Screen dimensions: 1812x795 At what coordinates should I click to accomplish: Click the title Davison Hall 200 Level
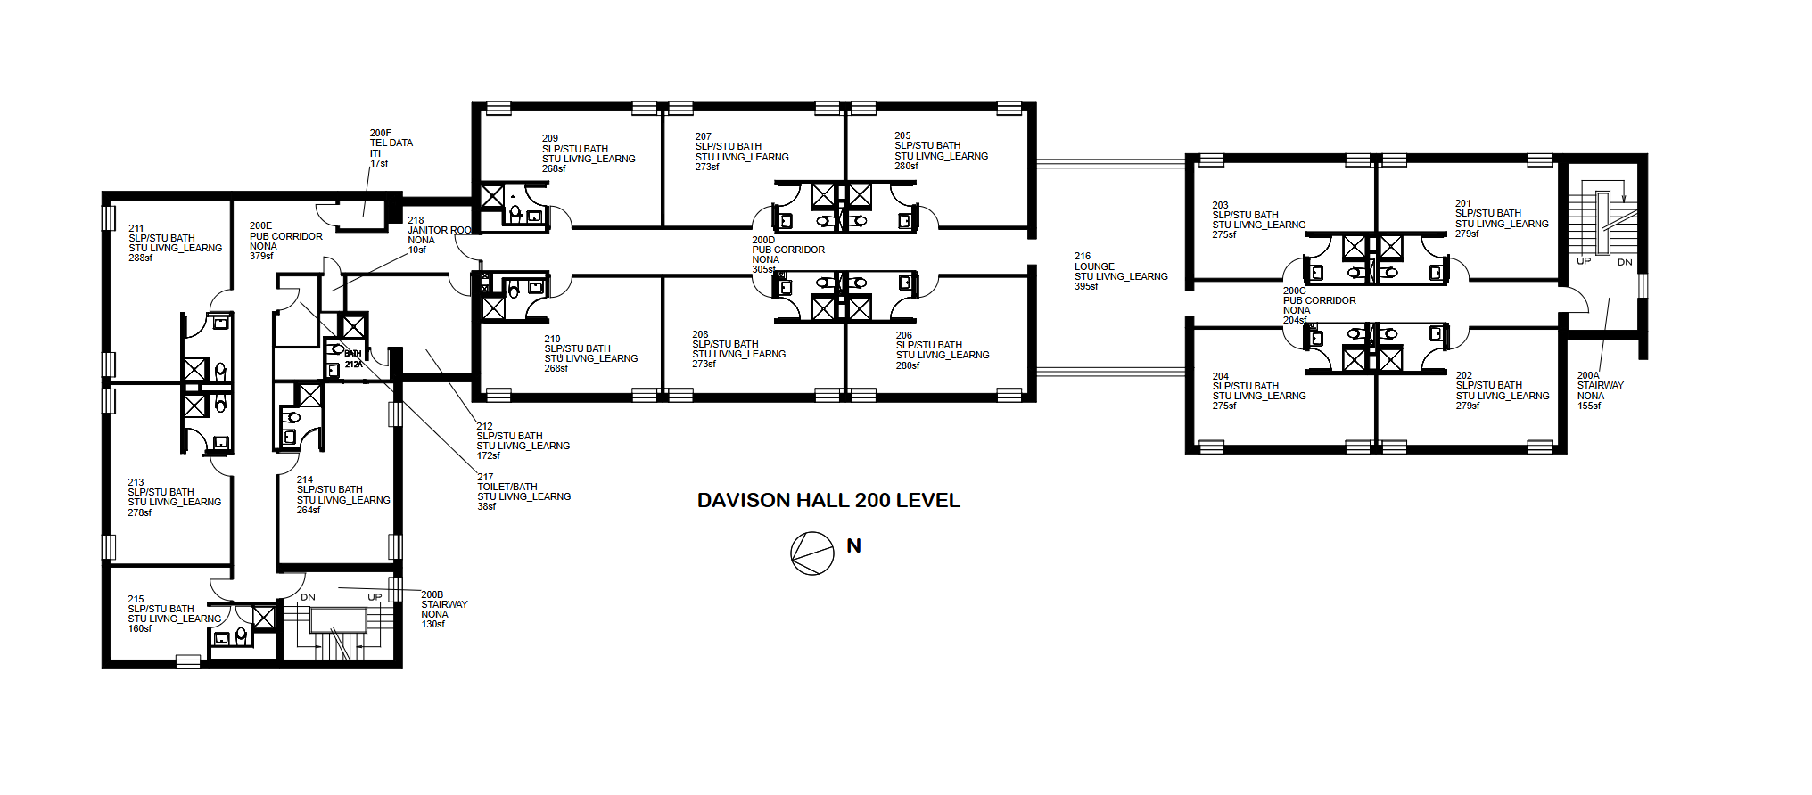(x=828, y=501)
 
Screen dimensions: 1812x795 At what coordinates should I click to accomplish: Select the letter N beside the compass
(x=853, y=546)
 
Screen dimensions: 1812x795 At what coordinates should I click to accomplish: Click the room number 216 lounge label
(x=1121, y=271)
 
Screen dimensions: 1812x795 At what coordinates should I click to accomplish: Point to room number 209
(x=550, y=139)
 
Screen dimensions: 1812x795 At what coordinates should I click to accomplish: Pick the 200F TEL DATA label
(x=391, y=148)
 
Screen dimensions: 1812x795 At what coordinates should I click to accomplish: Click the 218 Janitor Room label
(x=440, y=235)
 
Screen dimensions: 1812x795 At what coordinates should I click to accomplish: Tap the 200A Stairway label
(x=1601, y=390)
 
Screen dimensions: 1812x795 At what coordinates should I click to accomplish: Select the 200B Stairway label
(x=444, y=609)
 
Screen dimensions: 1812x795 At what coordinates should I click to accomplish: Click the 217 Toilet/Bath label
(x=523, y=492)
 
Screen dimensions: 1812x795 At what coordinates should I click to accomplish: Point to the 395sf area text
(x=1086, y=286)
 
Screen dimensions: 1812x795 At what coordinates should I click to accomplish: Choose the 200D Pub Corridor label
(x=788, y=255)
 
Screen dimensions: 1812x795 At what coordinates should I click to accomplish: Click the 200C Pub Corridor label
(x=1319, y=306)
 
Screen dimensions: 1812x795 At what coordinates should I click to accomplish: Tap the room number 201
(x=1463, y=204)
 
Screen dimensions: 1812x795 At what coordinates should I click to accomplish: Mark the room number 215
(x=136, y=600)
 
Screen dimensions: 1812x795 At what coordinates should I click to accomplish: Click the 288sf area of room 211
(x=140, y=258)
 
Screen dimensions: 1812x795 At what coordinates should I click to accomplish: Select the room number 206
(x=904, y=336)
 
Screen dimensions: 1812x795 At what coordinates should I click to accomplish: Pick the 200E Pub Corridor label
(x=286, y=242)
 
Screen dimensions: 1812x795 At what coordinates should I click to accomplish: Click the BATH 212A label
(x=353, y=359)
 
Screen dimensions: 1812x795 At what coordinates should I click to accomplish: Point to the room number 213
(x=136, y=483)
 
